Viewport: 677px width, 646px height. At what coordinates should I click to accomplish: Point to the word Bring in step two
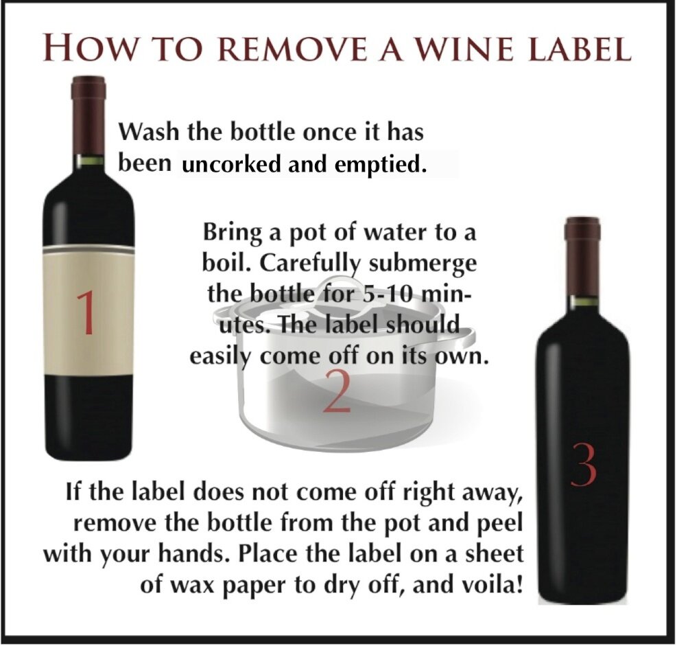(x=234, y=233)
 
